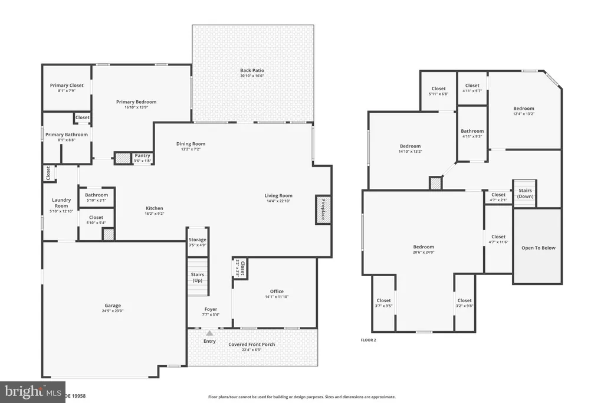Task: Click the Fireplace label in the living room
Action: click(x=323, y=209)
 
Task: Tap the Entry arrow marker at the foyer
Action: click(x=209, y=333)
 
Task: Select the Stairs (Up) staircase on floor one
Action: click(x=198, y=277)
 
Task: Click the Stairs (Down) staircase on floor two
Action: click(x=525, y=194)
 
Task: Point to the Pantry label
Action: click(x=142, y=156)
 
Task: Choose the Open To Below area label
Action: click(x=538, y=248)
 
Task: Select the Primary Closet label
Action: click(x=67, y=86)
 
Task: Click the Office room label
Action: click(x=277, y=291)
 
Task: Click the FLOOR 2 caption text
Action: click(x=368, y=340)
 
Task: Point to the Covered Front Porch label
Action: click(x=252, y=345)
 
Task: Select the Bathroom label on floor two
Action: click(x=472, y=132)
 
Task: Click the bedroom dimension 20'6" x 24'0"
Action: click(x=424, y=253)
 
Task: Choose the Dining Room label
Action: click(x=191, y=144)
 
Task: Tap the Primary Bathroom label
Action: click(x=67, y=135)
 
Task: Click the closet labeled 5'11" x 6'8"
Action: click(x=438, y=94)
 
